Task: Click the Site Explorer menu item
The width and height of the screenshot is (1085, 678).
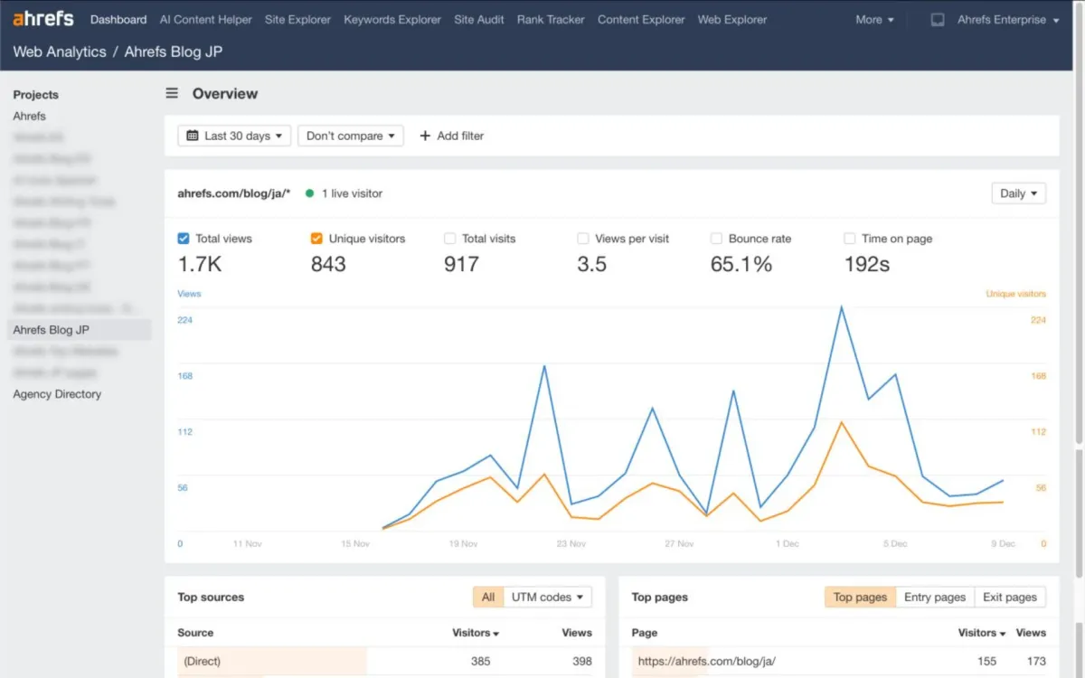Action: [x=297, y=19]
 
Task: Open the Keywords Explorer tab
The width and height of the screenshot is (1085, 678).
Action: [x=392, y=19]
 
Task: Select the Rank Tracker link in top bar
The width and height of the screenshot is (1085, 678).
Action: [x=551, y=19]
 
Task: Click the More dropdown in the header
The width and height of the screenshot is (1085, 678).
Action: [x=874, y=19]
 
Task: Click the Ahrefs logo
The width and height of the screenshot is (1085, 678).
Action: [x=43, y=19]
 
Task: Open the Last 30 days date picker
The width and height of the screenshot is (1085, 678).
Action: [x=234, y=136]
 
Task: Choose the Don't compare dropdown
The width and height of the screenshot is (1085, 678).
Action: [x=351, y=136]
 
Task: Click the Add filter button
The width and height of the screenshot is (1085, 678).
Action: [x=452, y=136]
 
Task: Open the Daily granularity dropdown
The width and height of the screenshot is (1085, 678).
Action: [x=1018, y=193]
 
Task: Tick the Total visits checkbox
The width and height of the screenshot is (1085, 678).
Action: [x=450, y=239]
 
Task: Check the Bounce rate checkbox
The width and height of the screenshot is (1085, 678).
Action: [x=716, y=239]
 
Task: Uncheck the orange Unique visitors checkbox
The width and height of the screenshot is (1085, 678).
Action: [x=316, y=239]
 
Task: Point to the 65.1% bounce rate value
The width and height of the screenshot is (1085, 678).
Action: [x=741, y=264]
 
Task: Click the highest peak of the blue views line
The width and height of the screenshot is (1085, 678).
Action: [x=841, y=307]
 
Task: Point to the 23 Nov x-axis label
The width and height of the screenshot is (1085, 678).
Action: [x=571, y=544]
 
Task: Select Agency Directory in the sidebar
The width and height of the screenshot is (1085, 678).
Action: [x=57, y=394]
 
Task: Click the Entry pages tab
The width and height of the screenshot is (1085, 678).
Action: [x=935, y=597]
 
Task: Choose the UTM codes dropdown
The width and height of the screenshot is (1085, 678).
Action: [x=547, y=597]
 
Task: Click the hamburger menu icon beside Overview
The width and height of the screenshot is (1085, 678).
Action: [x=172, y=93]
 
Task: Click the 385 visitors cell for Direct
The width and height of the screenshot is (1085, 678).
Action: [x=480, y=661]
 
